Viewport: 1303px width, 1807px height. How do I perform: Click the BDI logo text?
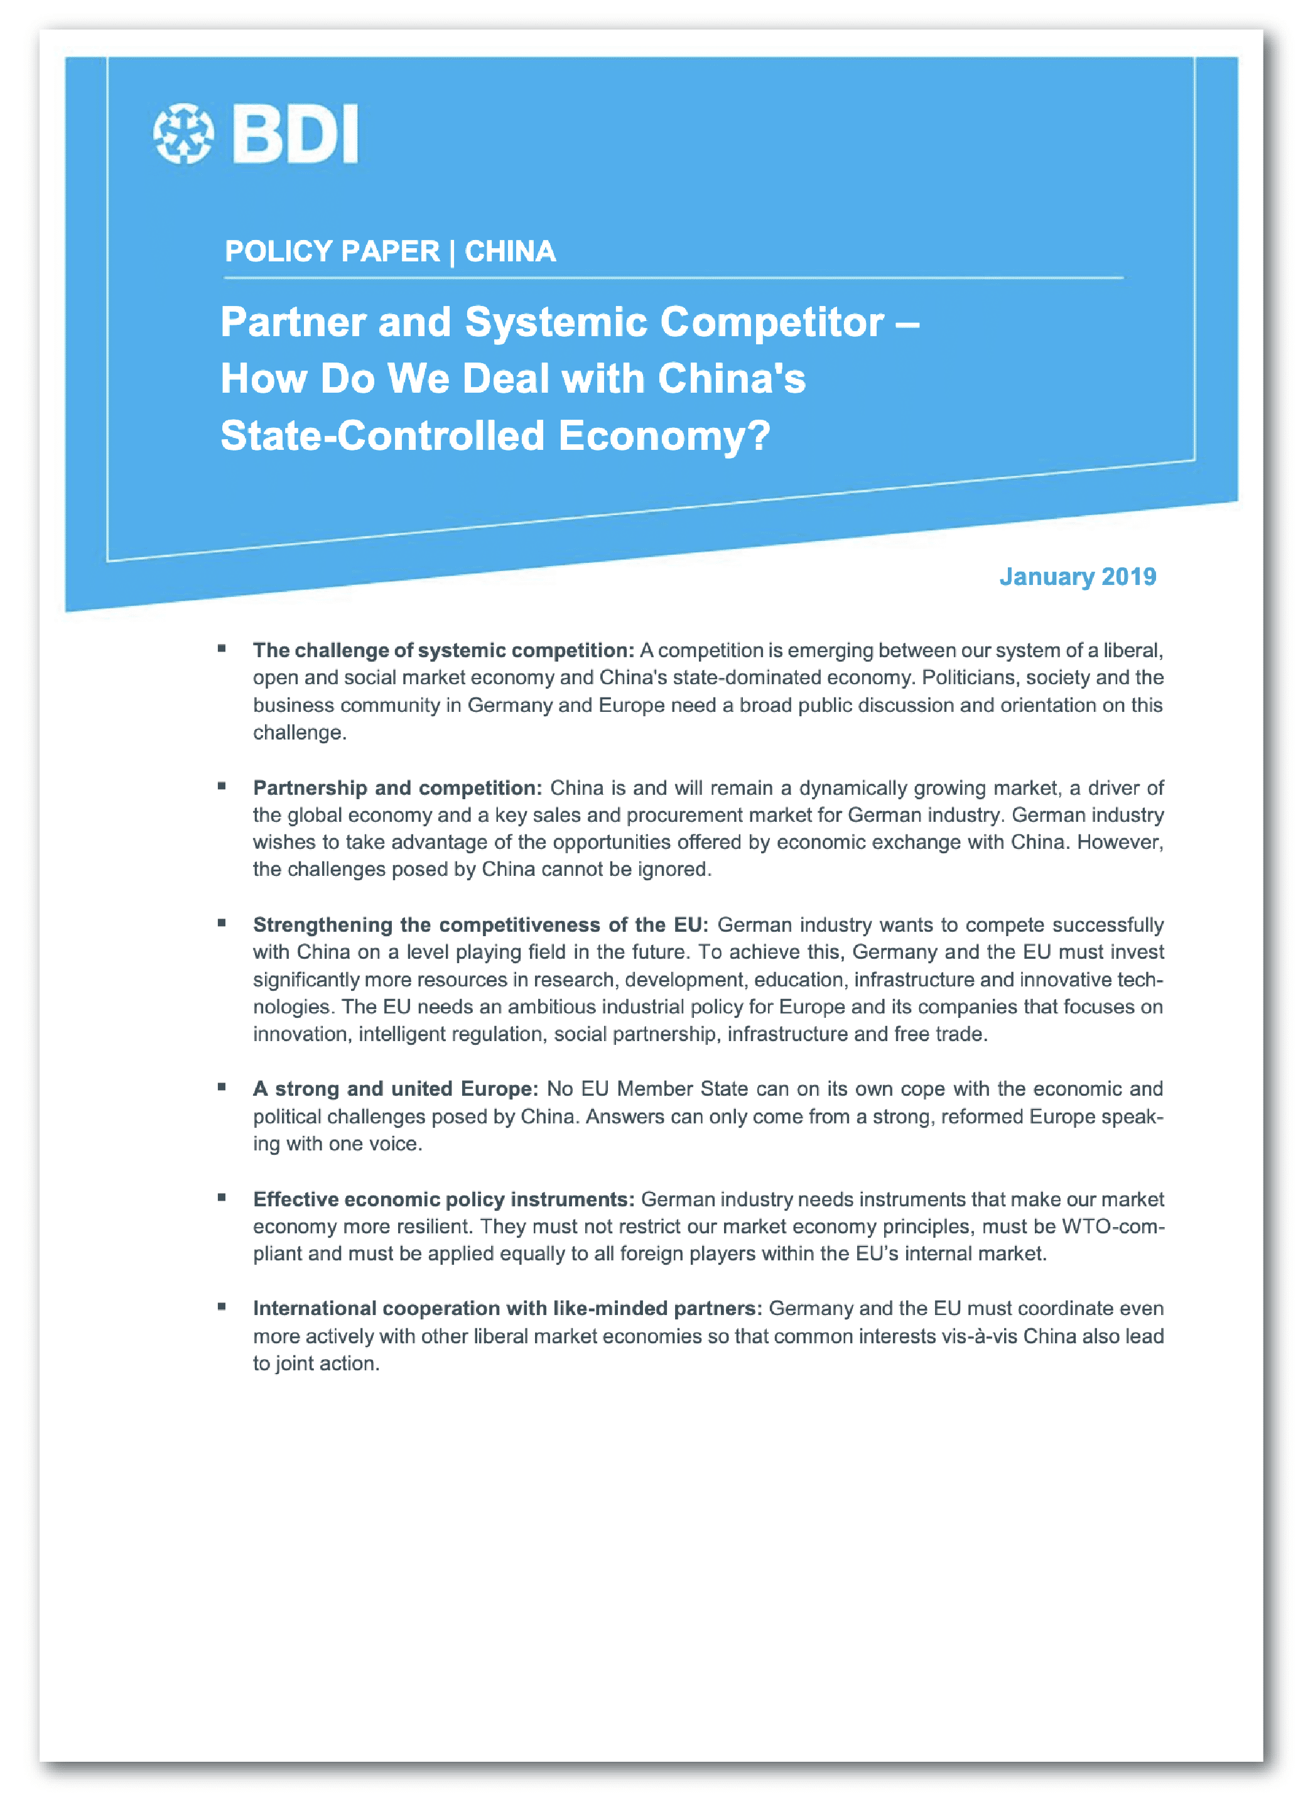(295, 134)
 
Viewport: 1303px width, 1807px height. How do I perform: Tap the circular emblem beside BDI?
(183, 134)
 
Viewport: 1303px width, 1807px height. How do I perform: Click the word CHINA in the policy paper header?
(510, 252)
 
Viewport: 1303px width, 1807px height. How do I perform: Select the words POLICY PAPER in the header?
(332, 252)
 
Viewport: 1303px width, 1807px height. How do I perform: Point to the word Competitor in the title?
(772, 323)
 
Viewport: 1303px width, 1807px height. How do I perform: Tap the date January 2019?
(1077, 576)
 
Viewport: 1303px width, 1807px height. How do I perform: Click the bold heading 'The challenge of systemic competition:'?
(443, 650)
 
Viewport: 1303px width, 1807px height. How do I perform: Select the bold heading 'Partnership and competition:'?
(397, 788)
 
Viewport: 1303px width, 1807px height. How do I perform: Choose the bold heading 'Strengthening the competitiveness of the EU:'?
(480, 924)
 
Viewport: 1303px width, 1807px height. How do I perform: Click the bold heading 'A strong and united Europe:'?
(395, 1088)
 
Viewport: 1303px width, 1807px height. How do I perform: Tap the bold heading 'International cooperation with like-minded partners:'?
(507, 1308)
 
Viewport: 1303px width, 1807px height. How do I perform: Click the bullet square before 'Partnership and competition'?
(222, 787)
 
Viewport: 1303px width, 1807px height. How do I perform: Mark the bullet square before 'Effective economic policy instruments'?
(222, 1198)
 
